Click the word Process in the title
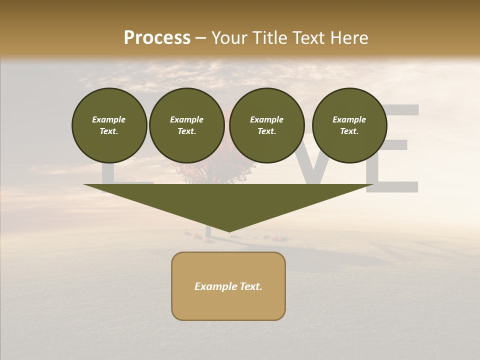(157, 37)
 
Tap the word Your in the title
(228, 37)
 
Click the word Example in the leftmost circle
(109, 119)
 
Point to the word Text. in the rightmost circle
(349, 131)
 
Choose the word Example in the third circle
(266, 119)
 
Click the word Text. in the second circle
(186, 131)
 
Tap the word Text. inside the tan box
(250, 286)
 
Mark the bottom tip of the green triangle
(229, 230)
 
